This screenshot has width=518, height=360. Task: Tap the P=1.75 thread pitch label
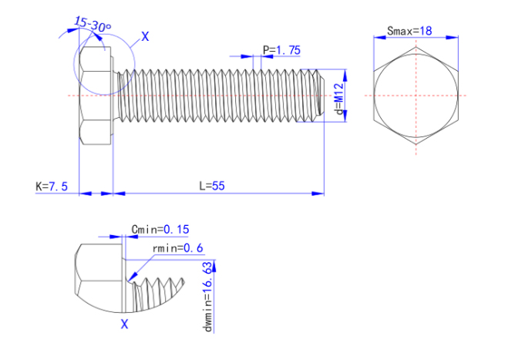[x=281, y=50]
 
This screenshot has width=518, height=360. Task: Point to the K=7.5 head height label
[x=52, y=187]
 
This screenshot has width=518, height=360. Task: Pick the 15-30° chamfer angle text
[x=93, y=25]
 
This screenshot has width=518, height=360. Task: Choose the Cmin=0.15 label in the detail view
[x=160, y=229]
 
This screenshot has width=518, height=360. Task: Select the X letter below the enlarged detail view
[x=124, y=325]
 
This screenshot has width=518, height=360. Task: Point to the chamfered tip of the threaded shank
[x=319, y=96]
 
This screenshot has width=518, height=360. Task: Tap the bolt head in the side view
[x=96, y=96]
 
